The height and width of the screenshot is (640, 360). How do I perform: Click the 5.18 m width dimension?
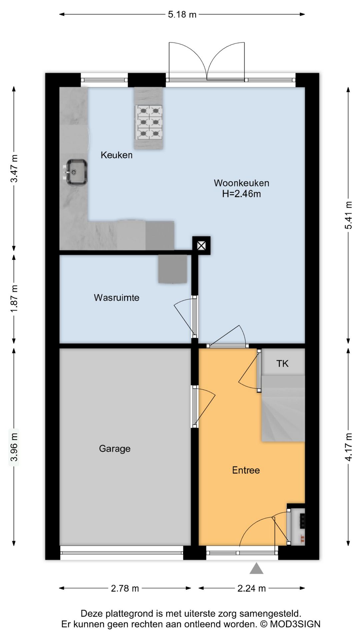tap(182, 14)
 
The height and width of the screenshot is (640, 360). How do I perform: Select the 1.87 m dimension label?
tap(14, 299)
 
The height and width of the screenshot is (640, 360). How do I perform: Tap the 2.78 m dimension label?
tap(125, 588)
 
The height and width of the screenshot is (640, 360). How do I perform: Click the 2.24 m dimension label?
tap(252, 588)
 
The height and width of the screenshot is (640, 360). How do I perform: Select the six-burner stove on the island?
tap(148, 122)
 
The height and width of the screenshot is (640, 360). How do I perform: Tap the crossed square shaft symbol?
tap(201, 246)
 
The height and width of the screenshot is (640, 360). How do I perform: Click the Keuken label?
tap(117, 155)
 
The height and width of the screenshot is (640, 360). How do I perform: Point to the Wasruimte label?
tap(117, 297)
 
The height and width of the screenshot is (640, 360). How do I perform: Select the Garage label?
tap(115, 449)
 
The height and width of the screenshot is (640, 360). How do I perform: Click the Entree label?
tap(246, 470)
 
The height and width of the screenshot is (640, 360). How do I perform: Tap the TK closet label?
tap(282, 363)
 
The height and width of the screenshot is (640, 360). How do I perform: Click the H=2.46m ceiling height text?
tap(242, 194)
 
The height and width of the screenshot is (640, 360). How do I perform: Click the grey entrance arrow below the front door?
tap(256, 568)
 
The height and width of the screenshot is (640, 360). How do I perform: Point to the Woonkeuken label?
tap(242, 183)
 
